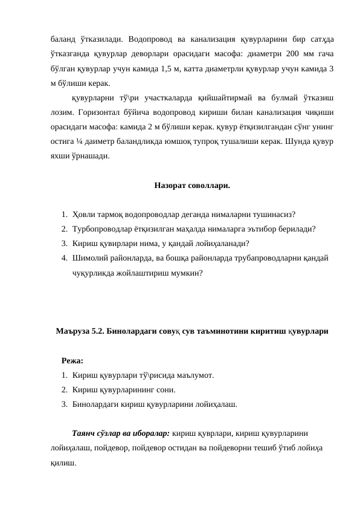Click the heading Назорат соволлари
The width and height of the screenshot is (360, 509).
pos(191,185)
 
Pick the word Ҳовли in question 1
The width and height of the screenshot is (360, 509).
pos(83,214)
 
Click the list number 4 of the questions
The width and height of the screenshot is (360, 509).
pos(63,258)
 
